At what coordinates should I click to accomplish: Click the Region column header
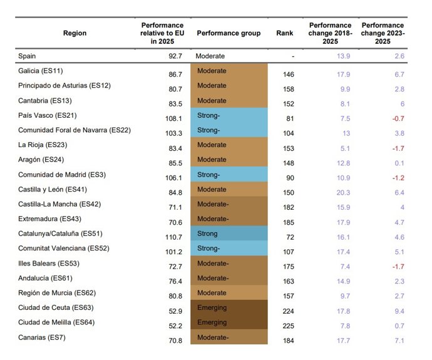pyautogui.click(x=75, y=33)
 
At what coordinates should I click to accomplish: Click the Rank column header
pyautogui.click(x=284, y=33)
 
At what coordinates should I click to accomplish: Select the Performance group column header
pyautogui.click(x=229, y=33)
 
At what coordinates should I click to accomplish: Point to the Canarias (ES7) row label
pyautogui.click(x=43, y=337)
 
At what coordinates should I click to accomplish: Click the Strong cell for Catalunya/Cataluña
pyautogui.click(x=229, y=234)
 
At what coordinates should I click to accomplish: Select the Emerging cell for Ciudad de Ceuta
pyautogui.click(x=229, y=308)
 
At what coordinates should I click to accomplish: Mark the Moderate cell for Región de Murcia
pyautogui.click(x=229, y=293)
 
